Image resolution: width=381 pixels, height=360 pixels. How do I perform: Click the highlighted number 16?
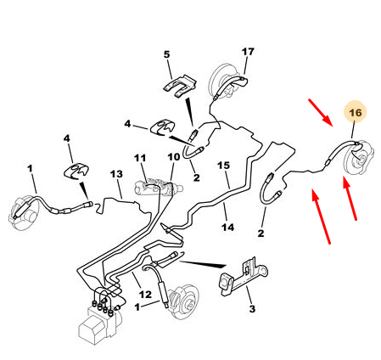point(355,113)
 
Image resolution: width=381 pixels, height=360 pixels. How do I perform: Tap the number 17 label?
point(248,52)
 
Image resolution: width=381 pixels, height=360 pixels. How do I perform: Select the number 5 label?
point(167,54)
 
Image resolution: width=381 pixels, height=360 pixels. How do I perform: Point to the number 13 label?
point(116,174)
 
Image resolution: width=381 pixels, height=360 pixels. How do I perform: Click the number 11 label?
point(140,158)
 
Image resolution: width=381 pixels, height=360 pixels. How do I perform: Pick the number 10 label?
point(174,156)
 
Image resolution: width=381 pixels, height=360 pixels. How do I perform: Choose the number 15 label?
point(223,166)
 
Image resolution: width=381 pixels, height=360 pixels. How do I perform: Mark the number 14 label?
point(228,227)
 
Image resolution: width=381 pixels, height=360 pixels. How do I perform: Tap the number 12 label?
point(146,295)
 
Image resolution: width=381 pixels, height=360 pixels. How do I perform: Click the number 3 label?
point(252,308)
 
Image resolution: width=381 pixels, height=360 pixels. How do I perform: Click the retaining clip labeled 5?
point(180,86)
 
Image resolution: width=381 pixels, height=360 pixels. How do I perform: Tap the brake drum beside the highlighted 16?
point(359,158)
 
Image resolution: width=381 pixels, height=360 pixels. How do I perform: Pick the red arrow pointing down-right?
point(321,112)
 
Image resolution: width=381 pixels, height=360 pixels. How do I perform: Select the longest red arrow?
point(321,217)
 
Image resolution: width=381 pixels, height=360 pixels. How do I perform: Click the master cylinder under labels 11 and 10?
point(159,188)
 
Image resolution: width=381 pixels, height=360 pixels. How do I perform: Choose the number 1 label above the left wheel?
point(30,169)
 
